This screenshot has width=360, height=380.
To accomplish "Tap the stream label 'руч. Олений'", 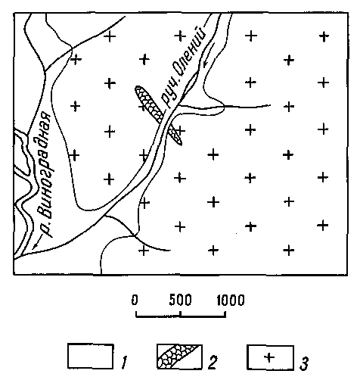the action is [183, 66].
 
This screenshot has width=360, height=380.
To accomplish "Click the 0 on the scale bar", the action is [135, 300].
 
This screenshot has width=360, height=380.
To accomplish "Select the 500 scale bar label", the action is [180, 300].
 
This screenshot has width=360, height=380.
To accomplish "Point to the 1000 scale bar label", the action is [231, 300].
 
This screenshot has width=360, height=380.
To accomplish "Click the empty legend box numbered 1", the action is [90, 356].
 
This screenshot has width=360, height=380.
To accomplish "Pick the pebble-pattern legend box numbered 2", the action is [179, 357].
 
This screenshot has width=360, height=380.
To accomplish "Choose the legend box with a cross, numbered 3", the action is [270, 357].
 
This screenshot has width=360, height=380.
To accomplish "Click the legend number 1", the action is [124, 363].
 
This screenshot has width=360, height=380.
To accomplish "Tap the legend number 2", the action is [213, 363].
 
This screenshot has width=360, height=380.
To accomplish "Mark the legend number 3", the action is [304, 364].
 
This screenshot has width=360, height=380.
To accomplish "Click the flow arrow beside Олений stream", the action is [209, 55].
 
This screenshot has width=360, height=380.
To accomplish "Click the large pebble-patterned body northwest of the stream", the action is [150, 104].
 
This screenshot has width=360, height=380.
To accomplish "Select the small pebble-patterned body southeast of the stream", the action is [175, 135].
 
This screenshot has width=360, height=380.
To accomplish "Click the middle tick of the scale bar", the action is [181, 313].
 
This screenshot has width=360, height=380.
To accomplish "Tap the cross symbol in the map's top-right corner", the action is [324, 37].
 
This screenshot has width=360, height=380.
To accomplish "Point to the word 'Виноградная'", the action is [45, 164].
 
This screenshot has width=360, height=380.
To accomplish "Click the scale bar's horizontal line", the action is [181, 316].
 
